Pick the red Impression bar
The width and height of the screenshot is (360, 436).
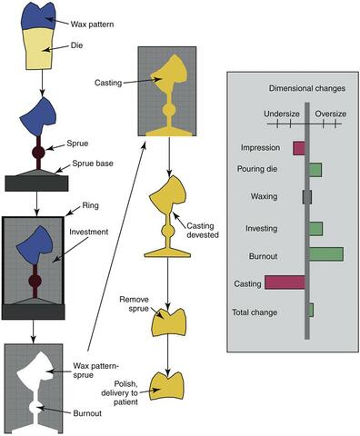click(x=299, y=148)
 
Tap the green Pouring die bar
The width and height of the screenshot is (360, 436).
click(x=315, y=170)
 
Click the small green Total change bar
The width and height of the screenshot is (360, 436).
click(x=311, y=310)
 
